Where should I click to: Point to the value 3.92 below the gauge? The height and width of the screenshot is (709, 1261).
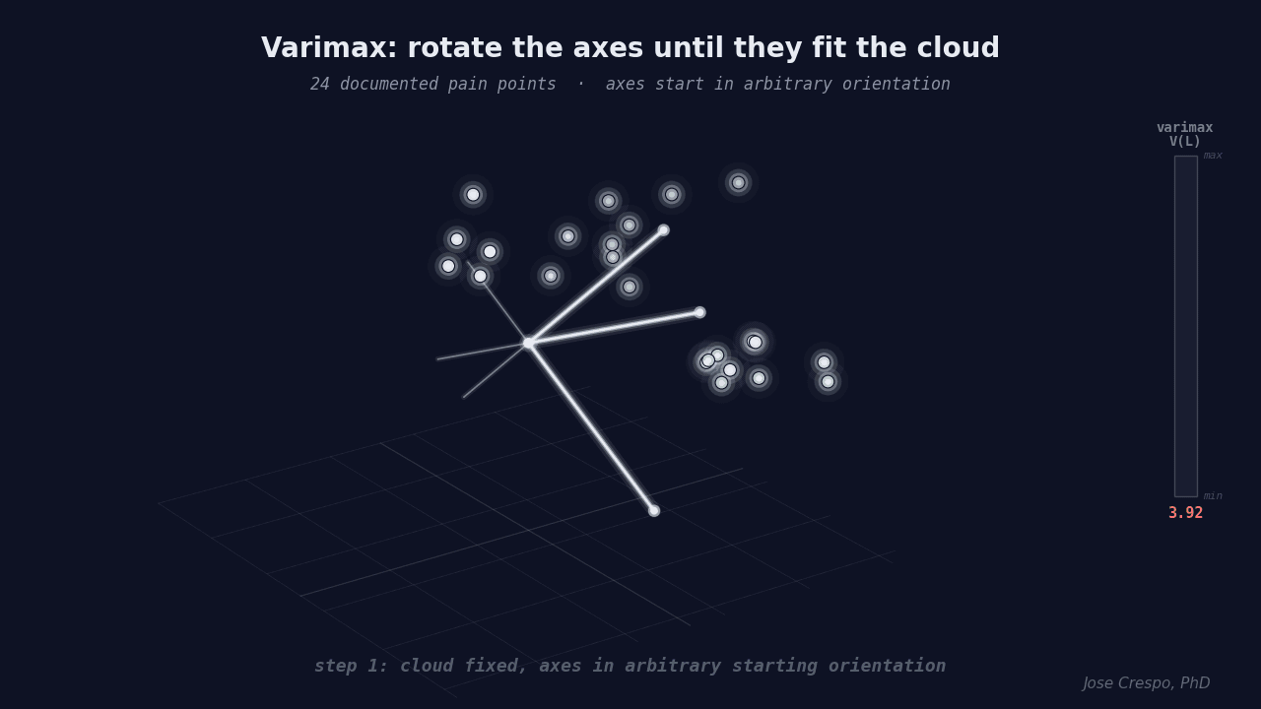tap(1185, 513)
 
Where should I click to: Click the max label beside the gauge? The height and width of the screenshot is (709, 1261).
tap(1213, 156)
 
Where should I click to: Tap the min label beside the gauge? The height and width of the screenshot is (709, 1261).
tap(1213, 496)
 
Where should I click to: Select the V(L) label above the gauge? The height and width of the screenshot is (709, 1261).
tap(1185, 142)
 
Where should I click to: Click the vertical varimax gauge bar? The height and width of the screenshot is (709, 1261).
tap(1185, 325)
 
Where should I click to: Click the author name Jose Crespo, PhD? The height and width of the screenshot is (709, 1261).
tap(1146, 683)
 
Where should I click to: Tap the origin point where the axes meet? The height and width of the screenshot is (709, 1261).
tap(529, 343)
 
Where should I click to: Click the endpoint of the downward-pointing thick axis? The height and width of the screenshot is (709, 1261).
tap(654, 510)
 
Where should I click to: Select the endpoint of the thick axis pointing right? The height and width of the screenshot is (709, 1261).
tap(699, 312)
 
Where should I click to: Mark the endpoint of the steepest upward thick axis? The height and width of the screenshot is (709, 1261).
tap(663, 230)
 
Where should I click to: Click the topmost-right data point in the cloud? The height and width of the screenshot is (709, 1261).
tap(738, 182)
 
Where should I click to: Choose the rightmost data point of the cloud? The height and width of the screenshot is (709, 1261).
tap(828, 381)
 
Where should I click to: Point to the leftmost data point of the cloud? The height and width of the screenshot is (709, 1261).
tap(448, 266)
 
